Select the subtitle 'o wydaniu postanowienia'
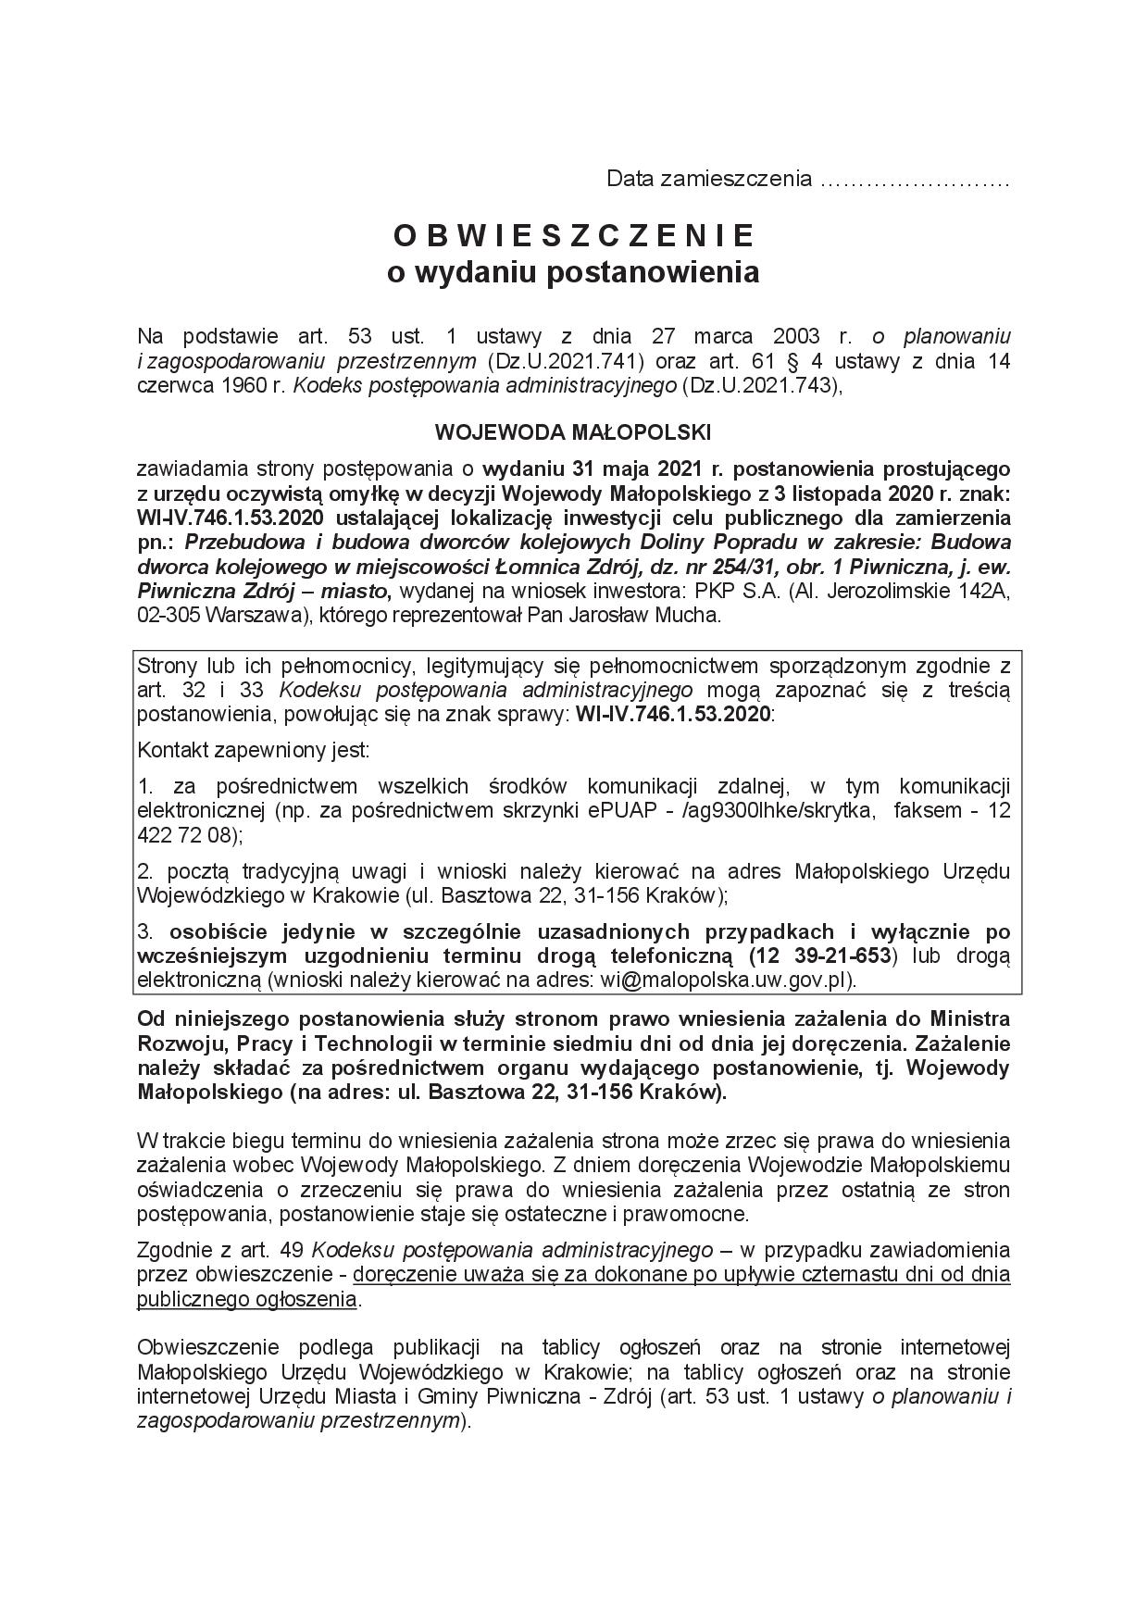[573, 272]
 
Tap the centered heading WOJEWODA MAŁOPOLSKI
[573, 432]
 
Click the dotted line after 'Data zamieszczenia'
[915, 179]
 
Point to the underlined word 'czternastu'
[823, 1274]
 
